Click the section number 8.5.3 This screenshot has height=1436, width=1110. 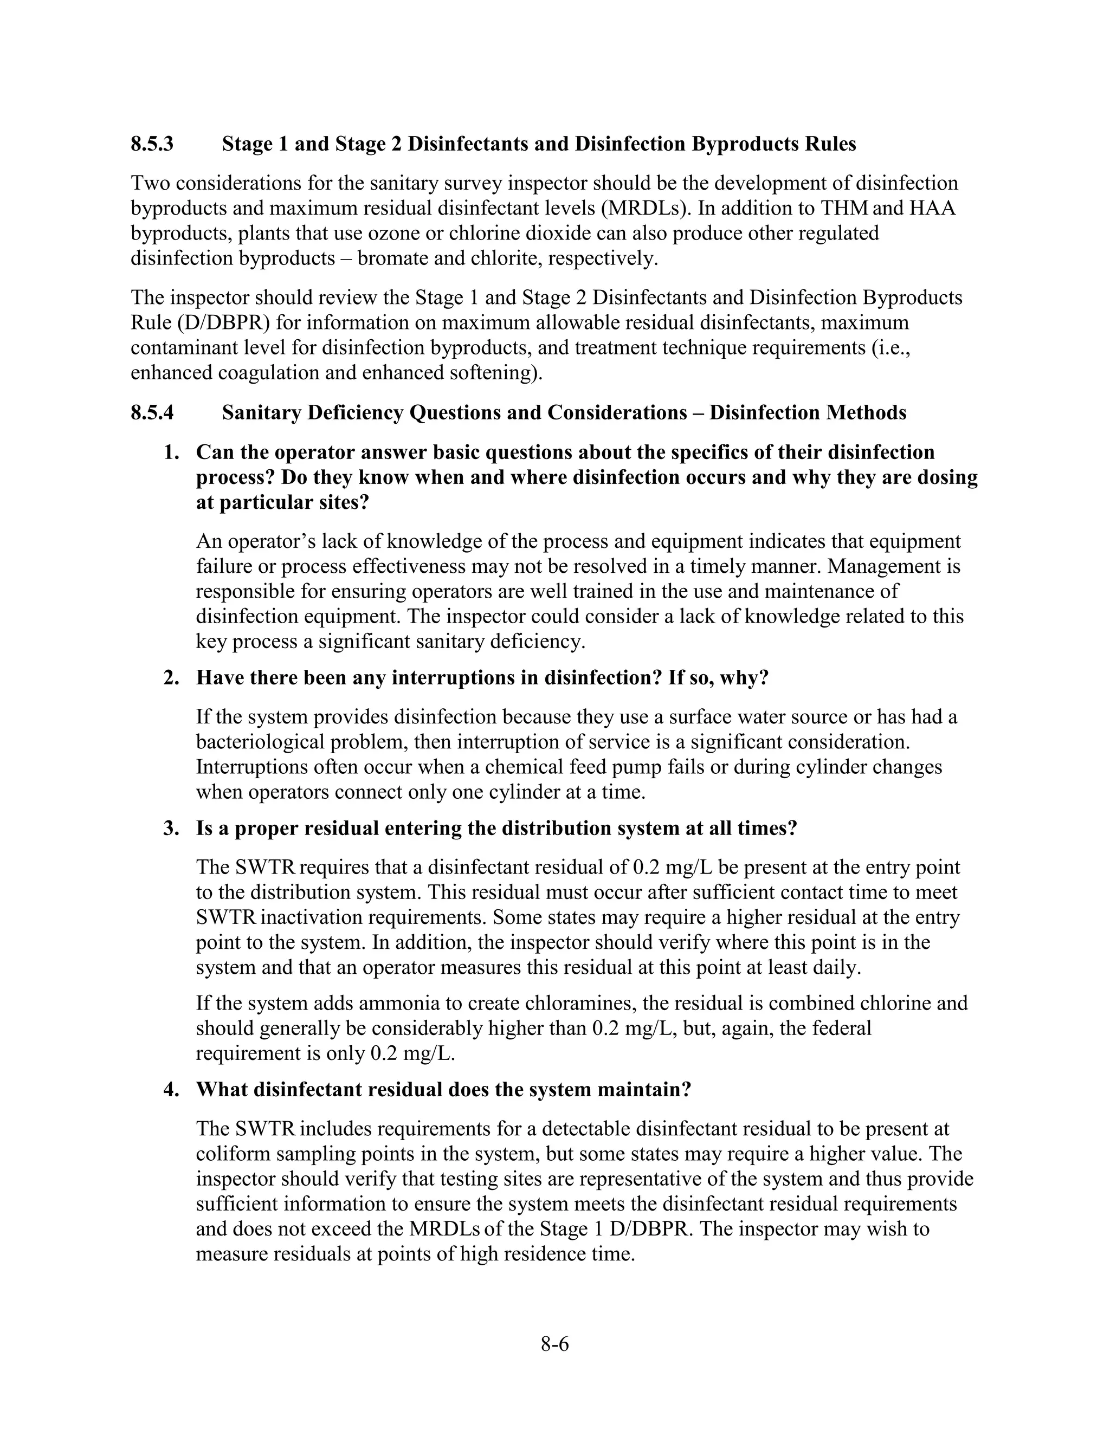152,144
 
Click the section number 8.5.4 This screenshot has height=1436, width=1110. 152,413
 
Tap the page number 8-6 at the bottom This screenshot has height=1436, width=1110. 554,1344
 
